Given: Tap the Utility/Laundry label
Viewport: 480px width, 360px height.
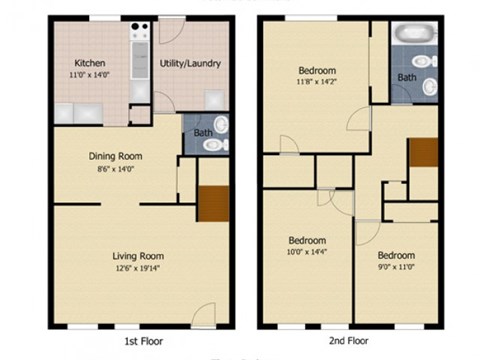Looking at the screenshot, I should point(190,64).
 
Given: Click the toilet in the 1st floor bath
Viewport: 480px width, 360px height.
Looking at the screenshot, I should point(213,144).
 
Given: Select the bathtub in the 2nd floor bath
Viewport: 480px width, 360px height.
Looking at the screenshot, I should point(411,33).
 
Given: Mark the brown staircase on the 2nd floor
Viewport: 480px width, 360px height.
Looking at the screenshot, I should point(422,153).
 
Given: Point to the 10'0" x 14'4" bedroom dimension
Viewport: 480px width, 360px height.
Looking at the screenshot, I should point(307,254).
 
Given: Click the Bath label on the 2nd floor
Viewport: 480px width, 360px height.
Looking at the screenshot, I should point(406,77).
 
